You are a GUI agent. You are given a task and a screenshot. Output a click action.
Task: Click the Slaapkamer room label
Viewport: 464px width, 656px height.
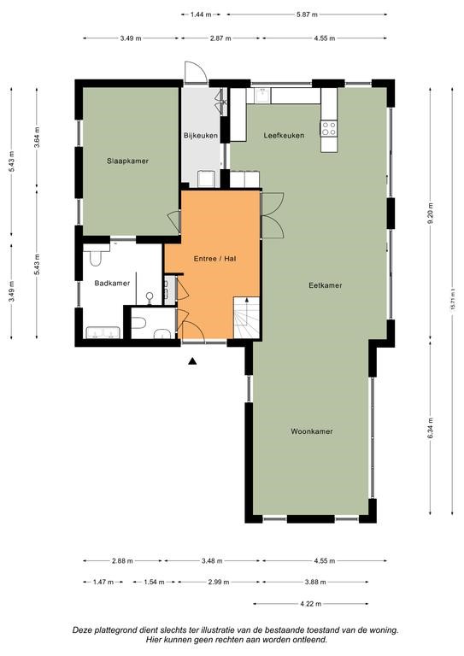tap(127, 161)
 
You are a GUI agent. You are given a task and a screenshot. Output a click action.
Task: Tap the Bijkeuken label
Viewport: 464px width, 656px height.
tap(201, 136)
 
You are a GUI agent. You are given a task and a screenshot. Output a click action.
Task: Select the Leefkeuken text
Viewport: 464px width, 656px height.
tap(284, 136)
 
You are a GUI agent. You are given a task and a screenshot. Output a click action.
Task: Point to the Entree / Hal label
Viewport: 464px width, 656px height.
tap(214, 259)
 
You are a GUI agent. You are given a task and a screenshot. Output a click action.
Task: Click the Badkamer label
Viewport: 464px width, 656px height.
tap(112, 284)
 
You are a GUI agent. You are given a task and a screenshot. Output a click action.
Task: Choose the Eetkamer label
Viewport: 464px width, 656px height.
tap(325, 285)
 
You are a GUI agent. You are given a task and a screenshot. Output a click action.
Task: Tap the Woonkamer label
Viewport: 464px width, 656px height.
tap(312, 431)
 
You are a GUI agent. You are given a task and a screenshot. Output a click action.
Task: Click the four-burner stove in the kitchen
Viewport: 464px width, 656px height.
tap(329, 128)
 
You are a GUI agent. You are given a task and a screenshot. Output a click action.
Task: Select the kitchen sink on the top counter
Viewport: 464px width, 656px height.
tap(263, 96)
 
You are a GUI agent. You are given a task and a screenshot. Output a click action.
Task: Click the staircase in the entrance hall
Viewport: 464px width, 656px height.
tap(246, 318)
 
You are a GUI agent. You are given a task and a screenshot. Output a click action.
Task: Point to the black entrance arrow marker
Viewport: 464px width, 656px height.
tap(192, 361)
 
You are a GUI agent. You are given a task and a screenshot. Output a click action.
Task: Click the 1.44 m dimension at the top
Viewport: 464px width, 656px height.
tap(200, 15)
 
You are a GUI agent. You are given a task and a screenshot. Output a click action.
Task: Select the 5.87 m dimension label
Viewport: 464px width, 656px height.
tap(307, 15)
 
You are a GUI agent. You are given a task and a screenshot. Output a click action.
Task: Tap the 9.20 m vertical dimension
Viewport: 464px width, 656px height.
tap(430, 213)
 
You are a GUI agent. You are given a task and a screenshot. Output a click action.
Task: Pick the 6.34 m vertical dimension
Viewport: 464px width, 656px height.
tap(430, 428)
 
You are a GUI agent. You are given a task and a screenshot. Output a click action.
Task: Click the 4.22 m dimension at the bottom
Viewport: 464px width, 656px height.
tap(311, 604)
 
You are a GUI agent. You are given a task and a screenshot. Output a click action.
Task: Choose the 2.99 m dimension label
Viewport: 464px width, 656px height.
tap(219, 582)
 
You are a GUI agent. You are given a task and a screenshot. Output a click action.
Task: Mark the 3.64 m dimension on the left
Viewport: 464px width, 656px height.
tap(37, 137)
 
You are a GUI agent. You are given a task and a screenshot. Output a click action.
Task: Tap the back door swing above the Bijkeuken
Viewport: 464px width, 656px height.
tap(196, 72)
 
